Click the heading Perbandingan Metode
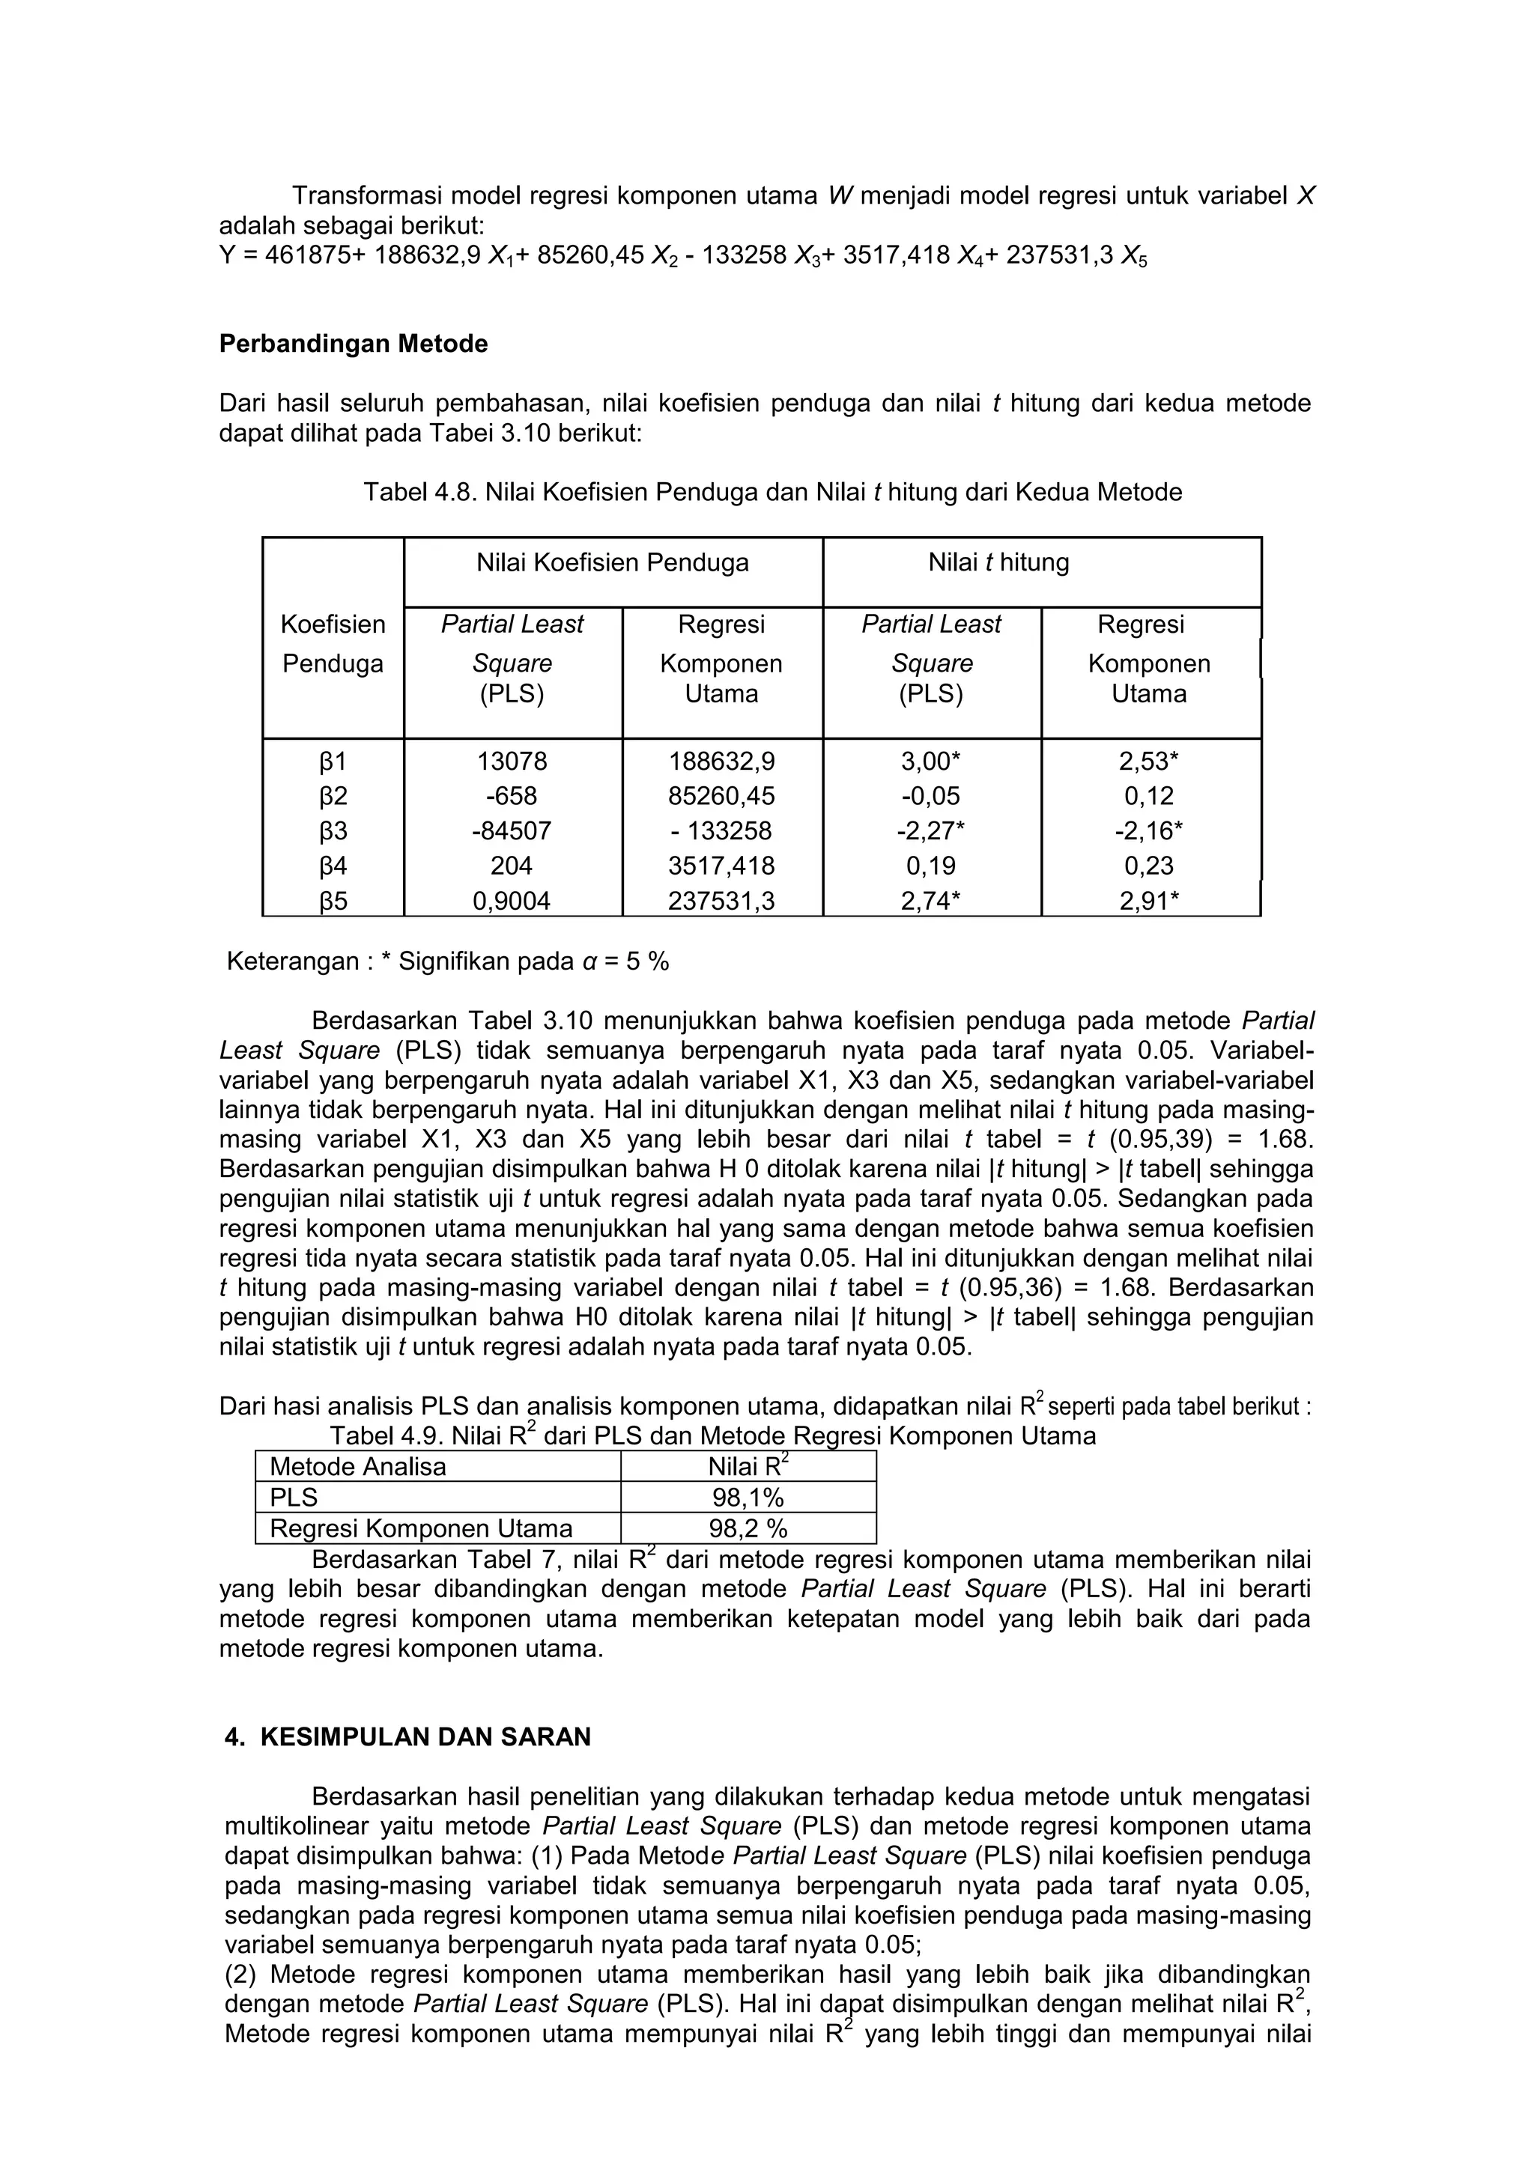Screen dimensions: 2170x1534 pyautogui.click(x=354, y=344)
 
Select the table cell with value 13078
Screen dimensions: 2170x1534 pyautogui.click(x=512, y=761)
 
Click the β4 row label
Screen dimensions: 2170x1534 pyautogui.click(x=333, y=866)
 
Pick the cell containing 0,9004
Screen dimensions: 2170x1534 pyautogui.click(x=512, y=901)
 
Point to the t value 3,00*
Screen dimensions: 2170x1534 pyautogui.click(x=931, y=761)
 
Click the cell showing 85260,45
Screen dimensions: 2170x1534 pyautogui.click(x=721, y=796)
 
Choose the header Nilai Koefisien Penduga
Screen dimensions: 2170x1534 pyautogui.click(x=613, y=563)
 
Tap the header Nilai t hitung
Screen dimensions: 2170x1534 pyautogui.click(x=998, y=563)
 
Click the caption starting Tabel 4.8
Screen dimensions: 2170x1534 pyautogui.click(x=772, y=493)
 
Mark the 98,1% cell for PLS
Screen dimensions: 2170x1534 pyautogui.click(x=748, y=1498)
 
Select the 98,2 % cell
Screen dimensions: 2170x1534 pyautogui.click(x=748, y=1529)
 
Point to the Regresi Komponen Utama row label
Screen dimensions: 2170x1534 pyautogui.click(x=421, y=1529)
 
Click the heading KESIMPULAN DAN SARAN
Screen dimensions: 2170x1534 pyautogui.click(x=425, y=1737)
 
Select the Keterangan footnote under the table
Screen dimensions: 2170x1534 pyautogui.click(x=447, y=962)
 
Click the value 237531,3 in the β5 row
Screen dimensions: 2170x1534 pyautogui.click(x=721, y=901)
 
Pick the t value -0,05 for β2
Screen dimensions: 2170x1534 pyautogui.click(x=931, y=796)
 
